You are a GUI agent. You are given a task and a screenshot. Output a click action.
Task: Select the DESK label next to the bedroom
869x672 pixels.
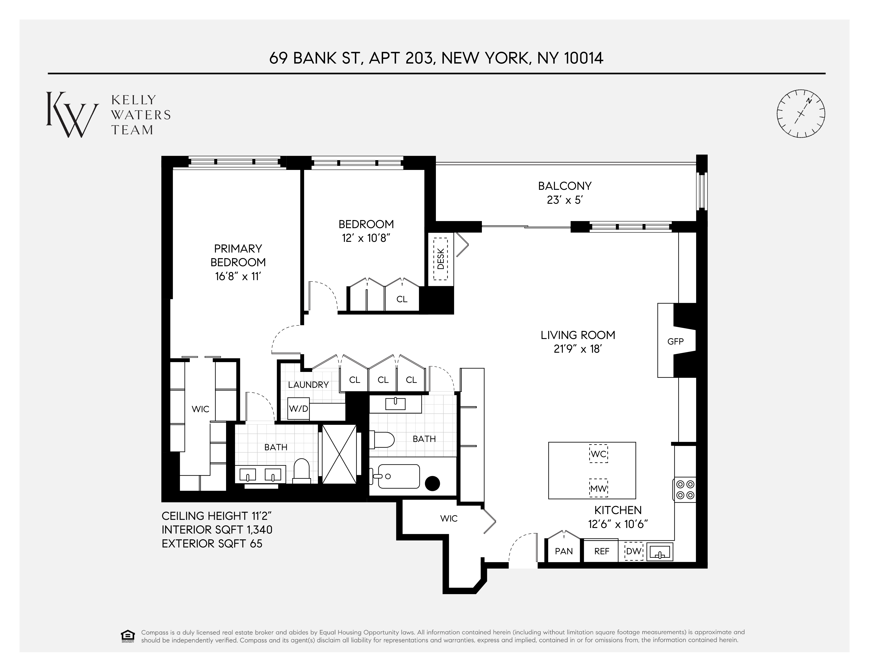pos(440,259)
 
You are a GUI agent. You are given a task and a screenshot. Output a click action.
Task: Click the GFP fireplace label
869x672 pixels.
pos(675,341)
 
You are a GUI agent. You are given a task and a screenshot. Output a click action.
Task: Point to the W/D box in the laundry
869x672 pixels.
pos(298,408)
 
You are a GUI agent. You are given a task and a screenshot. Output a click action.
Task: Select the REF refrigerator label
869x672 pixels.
pos(602,551)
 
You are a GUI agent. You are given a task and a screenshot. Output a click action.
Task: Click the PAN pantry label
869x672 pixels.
pos(564,551)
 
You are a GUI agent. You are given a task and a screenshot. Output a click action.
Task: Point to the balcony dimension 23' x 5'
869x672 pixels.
pos(565,200)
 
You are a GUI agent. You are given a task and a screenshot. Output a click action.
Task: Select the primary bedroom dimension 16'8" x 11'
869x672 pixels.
pos(238,276)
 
